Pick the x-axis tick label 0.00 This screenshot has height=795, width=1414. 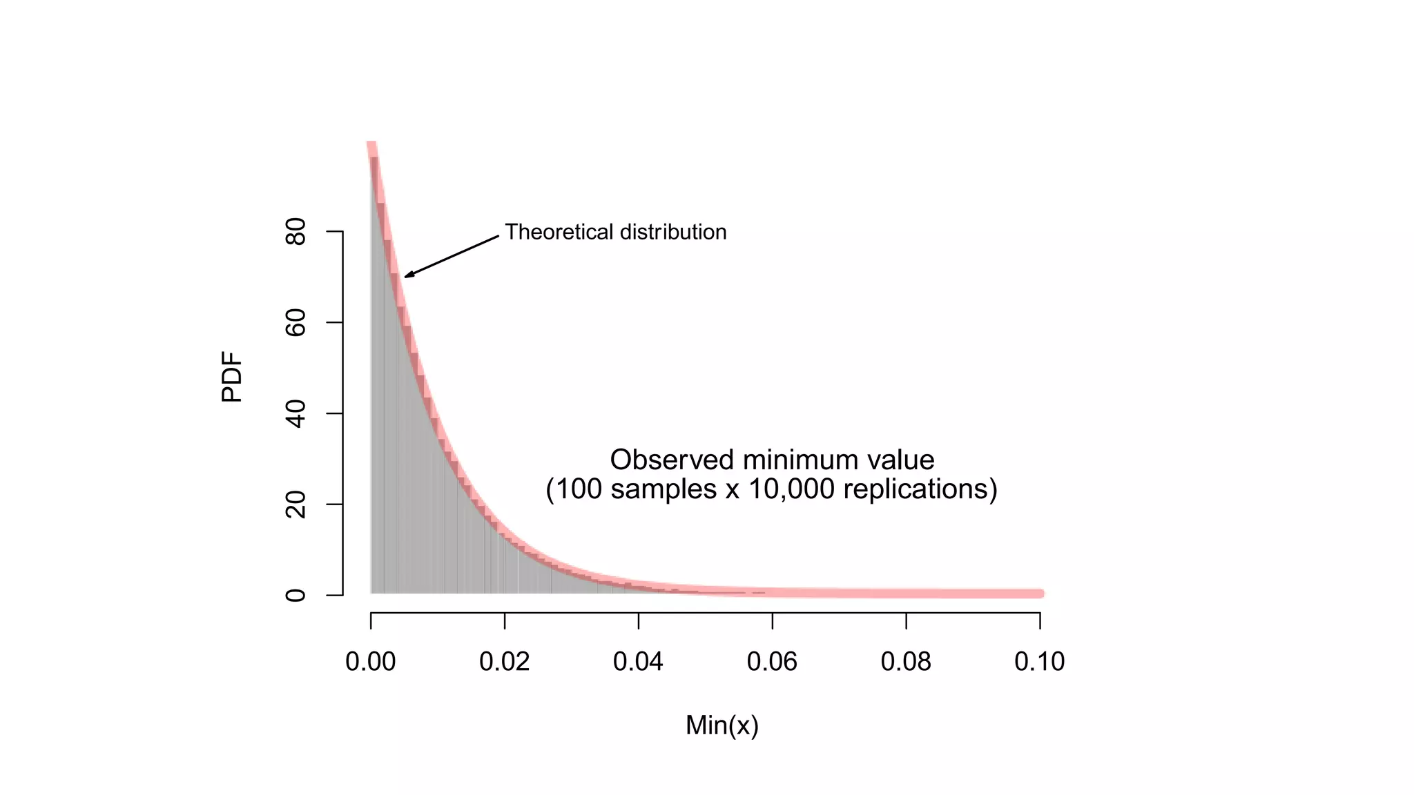[x=371, y=662]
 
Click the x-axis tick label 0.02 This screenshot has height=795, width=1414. [x=505, y=662]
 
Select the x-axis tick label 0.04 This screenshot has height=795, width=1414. [x=638, y=662]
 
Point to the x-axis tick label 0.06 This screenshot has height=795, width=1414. [x=772, y=662]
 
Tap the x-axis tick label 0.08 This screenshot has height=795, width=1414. [x=906, y=662]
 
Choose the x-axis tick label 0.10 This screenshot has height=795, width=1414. [x=1039, y=662]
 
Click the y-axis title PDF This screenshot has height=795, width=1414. [x=232, y=377]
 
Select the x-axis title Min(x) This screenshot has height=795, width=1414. [x=722, y=725]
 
